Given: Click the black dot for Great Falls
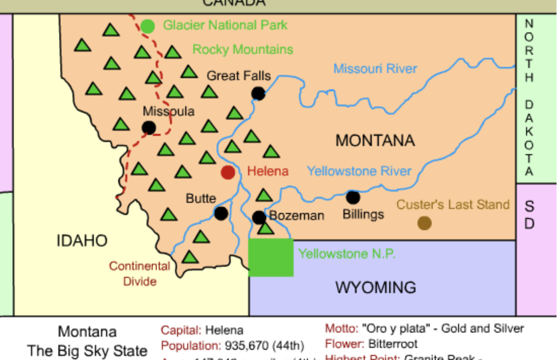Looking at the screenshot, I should click(x=258, y=93).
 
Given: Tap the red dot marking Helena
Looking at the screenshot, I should click(x=228, y=172).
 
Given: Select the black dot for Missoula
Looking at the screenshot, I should click(x=149, y=127).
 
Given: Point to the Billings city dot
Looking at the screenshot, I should click(x=353, y=197).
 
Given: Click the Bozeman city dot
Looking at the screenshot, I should click(x=259, y=218).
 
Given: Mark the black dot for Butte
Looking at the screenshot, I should click(x=221, y=213).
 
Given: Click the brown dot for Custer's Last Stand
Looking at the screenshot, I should click(x=424, y=223).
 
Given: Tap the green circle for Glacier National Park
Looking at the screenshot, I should click(x=148, y=26).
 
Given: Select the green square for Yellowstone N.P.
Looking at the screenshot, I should click(x=271, y=258).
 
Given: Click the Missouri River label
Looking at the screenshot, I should click(x=375, y=68).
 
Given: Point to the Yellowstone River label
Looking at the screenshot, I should click(x=359, y=171).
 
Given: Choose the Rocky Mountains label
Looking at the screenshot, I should click(x=242, y=49).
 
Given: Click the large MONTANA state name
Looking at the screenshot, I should click(x=375, y=140).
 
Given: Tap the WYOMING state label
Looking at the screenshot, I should click(x=375, y=287).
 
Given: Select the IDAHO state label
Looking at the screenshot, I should click(x=82, y=241).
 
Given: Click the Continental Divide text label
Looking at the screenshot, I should click(x=140, y=273).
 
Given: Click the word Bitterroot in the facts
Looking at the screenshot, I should click(x=393, y=344).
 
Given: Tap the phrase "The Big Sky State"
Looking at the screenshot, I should click(x=87, y=350).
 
